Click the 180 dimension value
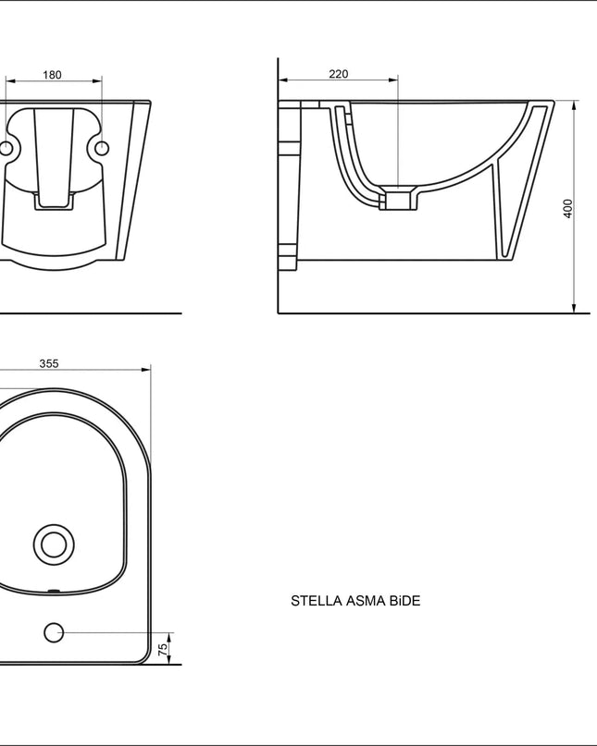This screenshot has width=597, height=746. [52, 75]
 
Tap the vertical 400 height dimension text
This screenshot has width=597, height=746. [568, 208]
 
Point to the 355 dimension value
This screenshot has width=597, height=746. [49, 363]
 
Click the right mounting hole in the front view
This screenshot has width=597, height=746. [102, 148]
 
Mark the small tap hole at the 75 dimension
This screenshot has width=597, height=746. [54, 632]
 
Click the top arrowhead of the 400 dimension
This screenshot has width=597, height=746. [575, 104]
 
